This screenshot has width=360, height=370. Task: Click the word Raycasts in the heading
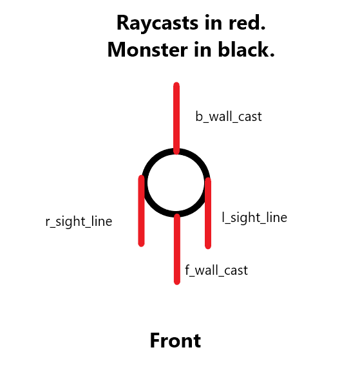[157, 24]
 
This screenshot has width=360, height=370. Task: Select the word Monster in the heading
[147, 50]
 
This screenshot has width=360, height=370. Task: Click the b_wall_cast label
[229, 116]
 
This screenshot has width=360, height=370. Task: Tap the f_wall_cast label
[216, 270]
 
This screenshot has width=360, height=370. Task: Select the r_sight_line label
[79, 222]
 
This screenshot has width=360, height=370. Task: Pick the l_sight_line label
[254, 217]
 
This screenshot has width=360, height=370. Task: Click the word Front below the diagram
[176, 340]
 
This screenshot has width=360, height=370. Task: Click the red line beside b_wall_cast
[176, 118]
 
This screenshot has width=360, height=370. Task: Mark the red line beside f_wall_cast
[177, 249]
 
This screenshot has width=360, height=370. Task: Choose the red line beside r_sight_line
[141, 210]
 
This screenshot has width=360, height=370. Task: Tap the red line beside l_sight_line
[208, 213]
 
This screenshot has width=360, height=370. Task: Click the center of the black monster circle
[176, 183]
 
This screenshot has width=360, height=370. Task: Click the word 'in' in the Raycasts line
[213, 23]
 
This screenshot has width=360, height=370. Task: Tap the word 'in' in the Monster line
[203, 49]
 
